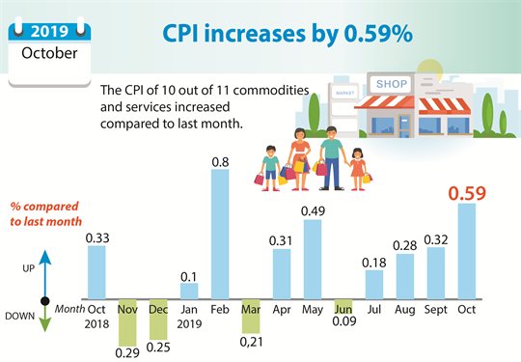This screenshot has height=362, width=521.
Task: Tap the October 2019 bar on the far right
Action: coord(466,250)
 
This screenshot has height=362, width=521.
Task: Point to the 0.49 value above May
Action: coord(313,211)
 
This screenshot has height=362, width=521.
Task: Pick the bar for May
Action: coord(313,260)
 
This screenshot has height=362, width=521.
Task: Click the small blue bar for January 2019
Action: coord(189,291)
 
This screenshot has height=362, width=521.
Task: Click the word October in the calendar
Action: coord(49,52)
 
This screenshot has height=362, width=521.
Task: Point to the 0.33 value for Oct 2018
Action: coord(96,237)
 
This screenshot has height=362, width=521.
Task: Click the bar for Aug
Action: coord(405,276)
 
